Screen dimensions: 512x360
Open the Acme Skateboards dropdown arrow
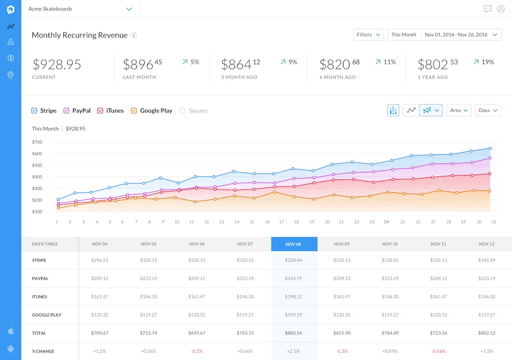click(x=129, y=9)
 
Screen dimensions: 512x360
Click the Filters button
click(x=368, y=34)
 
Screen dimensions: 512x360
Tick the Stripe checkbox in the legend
click(x=34, y=110)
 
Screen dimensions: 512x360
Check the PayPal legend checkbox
click(x=66, y=110)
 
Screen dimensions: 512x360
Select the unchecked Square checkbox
click(x=182, y=110)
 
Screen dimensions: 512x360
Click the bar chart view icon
click(x=393, y=110)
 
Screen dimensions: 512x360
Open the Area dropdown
click(x=459, y=110)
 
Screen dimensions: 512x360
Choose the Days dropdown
click(x=488, y=110)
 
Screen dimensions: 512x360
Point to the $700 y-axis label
click(x=37, y=142)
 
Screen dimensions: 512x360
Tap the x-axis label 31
click(x=493, y=222)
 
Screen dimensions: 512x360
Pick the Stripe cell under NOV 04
click(x=99, y=260)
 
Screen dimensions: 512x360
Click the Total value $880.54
click(x=293, y=333)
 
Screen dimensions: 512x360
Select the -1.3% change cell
click(x=342, y=351)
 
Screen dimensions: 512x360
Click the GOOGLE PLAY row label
click(x=46, y=315)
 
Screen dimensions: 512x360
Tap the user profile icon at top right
click(x=501, y=9)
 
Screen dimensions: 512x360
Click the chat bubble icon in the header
click(x=488, y=9)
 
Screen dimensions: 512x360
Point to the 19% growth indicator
click(x=483, y=62)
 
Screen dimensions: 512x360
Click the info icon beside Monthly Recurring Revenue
click(x=134, y=35)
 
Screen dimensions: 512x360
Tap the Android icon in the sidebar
click(x=11, y=348)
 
